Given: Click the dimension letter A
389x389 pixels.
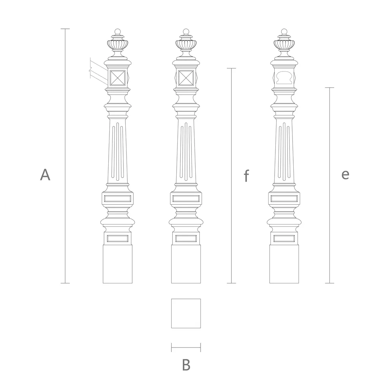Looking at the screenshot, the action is coord(45,174).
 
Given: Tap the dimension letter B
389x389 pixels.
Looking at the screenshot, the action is coord(186,365).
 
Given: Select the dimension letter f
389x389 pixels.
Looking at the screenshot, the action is coord(246,176).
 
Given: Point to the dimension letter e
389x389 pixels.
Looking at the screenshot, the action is coord(345,174).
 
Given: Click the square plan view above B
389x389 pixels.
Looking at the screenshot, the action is coord(186,313).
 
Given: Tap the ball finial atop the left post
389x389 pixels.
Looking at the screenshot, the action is coord(118,32).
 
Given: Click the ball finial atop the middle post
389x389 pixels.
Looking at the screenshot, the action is coord(186,32).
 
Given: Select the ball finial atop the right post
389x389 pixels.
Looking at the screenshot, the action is coord(284,32).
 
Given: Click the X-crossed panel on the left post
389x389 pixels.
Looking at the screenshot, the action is coord(118,78).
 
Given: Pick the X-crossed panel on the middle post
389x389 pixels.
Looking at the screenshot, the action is coord(186,78).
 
